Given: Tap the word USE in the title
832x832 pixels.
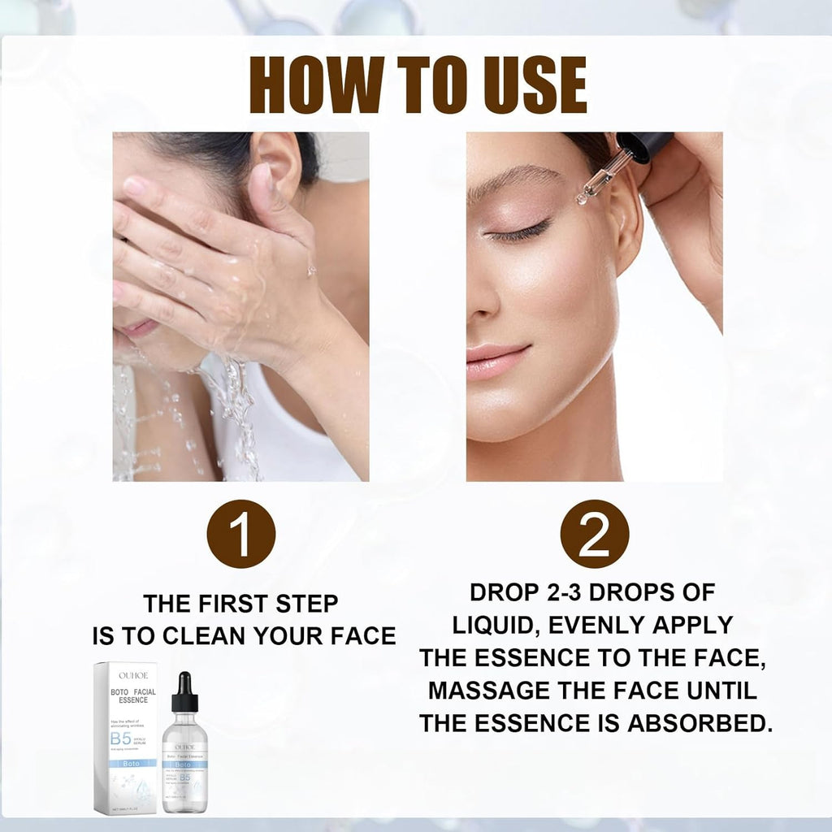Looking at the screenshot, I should click(x=529, y=84).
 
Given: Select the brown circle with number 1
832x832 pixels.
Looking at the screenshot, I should click(x=241, y=534).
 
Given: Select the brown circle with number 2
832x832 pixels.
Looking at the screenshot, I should click(x=595, y=534).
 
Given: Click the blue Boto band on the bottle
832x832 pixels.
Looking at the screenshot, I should click(x=184, y=765).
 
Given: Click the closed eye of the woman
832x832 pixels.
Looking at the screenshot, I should click(x=516, y=232).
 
